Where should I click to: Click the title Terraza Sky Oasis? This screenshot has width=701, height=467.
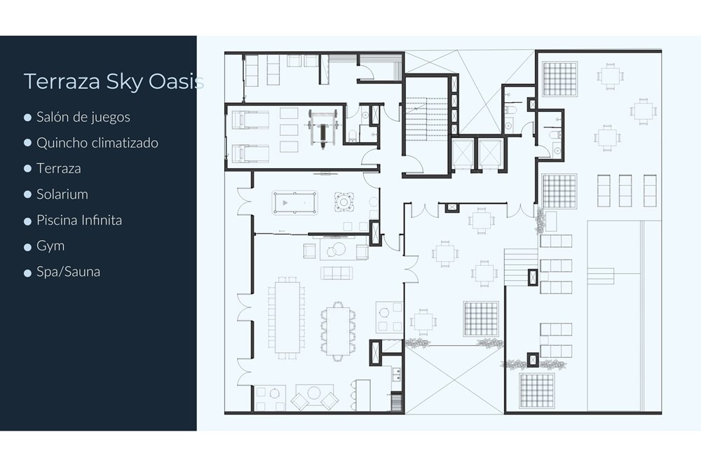point(114,82)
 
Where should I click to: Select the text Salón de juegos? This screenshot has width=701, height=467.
point(83,117)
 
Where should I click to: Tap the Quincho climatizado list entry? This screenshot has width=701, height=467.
point(97,143)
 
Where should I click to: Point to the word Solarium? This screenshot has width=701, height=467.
point(62,194)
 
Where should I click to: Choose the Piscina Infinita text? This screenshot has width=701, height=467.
point(79,220)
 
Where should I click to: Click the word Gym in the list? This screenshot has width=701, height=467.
point(50,246)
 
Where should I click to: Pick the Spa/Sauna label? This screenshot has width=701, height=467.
point(69,272)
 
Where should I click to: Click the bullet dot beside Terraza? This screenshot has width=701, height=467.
point(28,169)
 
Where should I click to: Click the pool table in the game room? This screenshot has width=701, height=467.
point(294,203)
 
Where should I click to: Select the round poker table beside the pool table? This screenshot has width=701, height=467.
point(343,202)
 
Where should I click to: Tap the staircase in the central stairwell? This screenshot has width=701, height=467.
point(426,119)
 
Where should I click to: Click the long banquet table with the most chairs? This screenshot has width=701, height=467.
point(287,317)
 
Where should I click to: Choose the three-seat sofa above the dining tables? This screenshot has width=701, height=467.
point(336,273)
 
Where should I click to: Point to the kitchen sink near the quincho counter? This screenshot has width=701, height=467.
point(396,374)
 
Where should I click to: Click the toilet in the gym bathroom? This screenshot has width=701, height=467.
point(353,135)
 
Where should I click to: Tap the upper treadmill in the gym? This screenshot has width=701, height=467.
point(250,120)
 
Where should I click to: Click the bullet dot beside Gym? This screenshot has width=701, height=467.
point(28,246)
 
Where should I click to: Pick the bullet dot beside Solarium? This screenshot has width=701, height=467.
point(28,195)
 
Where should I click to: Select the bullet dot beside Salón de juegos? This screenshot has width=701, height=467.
point(28,118)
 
